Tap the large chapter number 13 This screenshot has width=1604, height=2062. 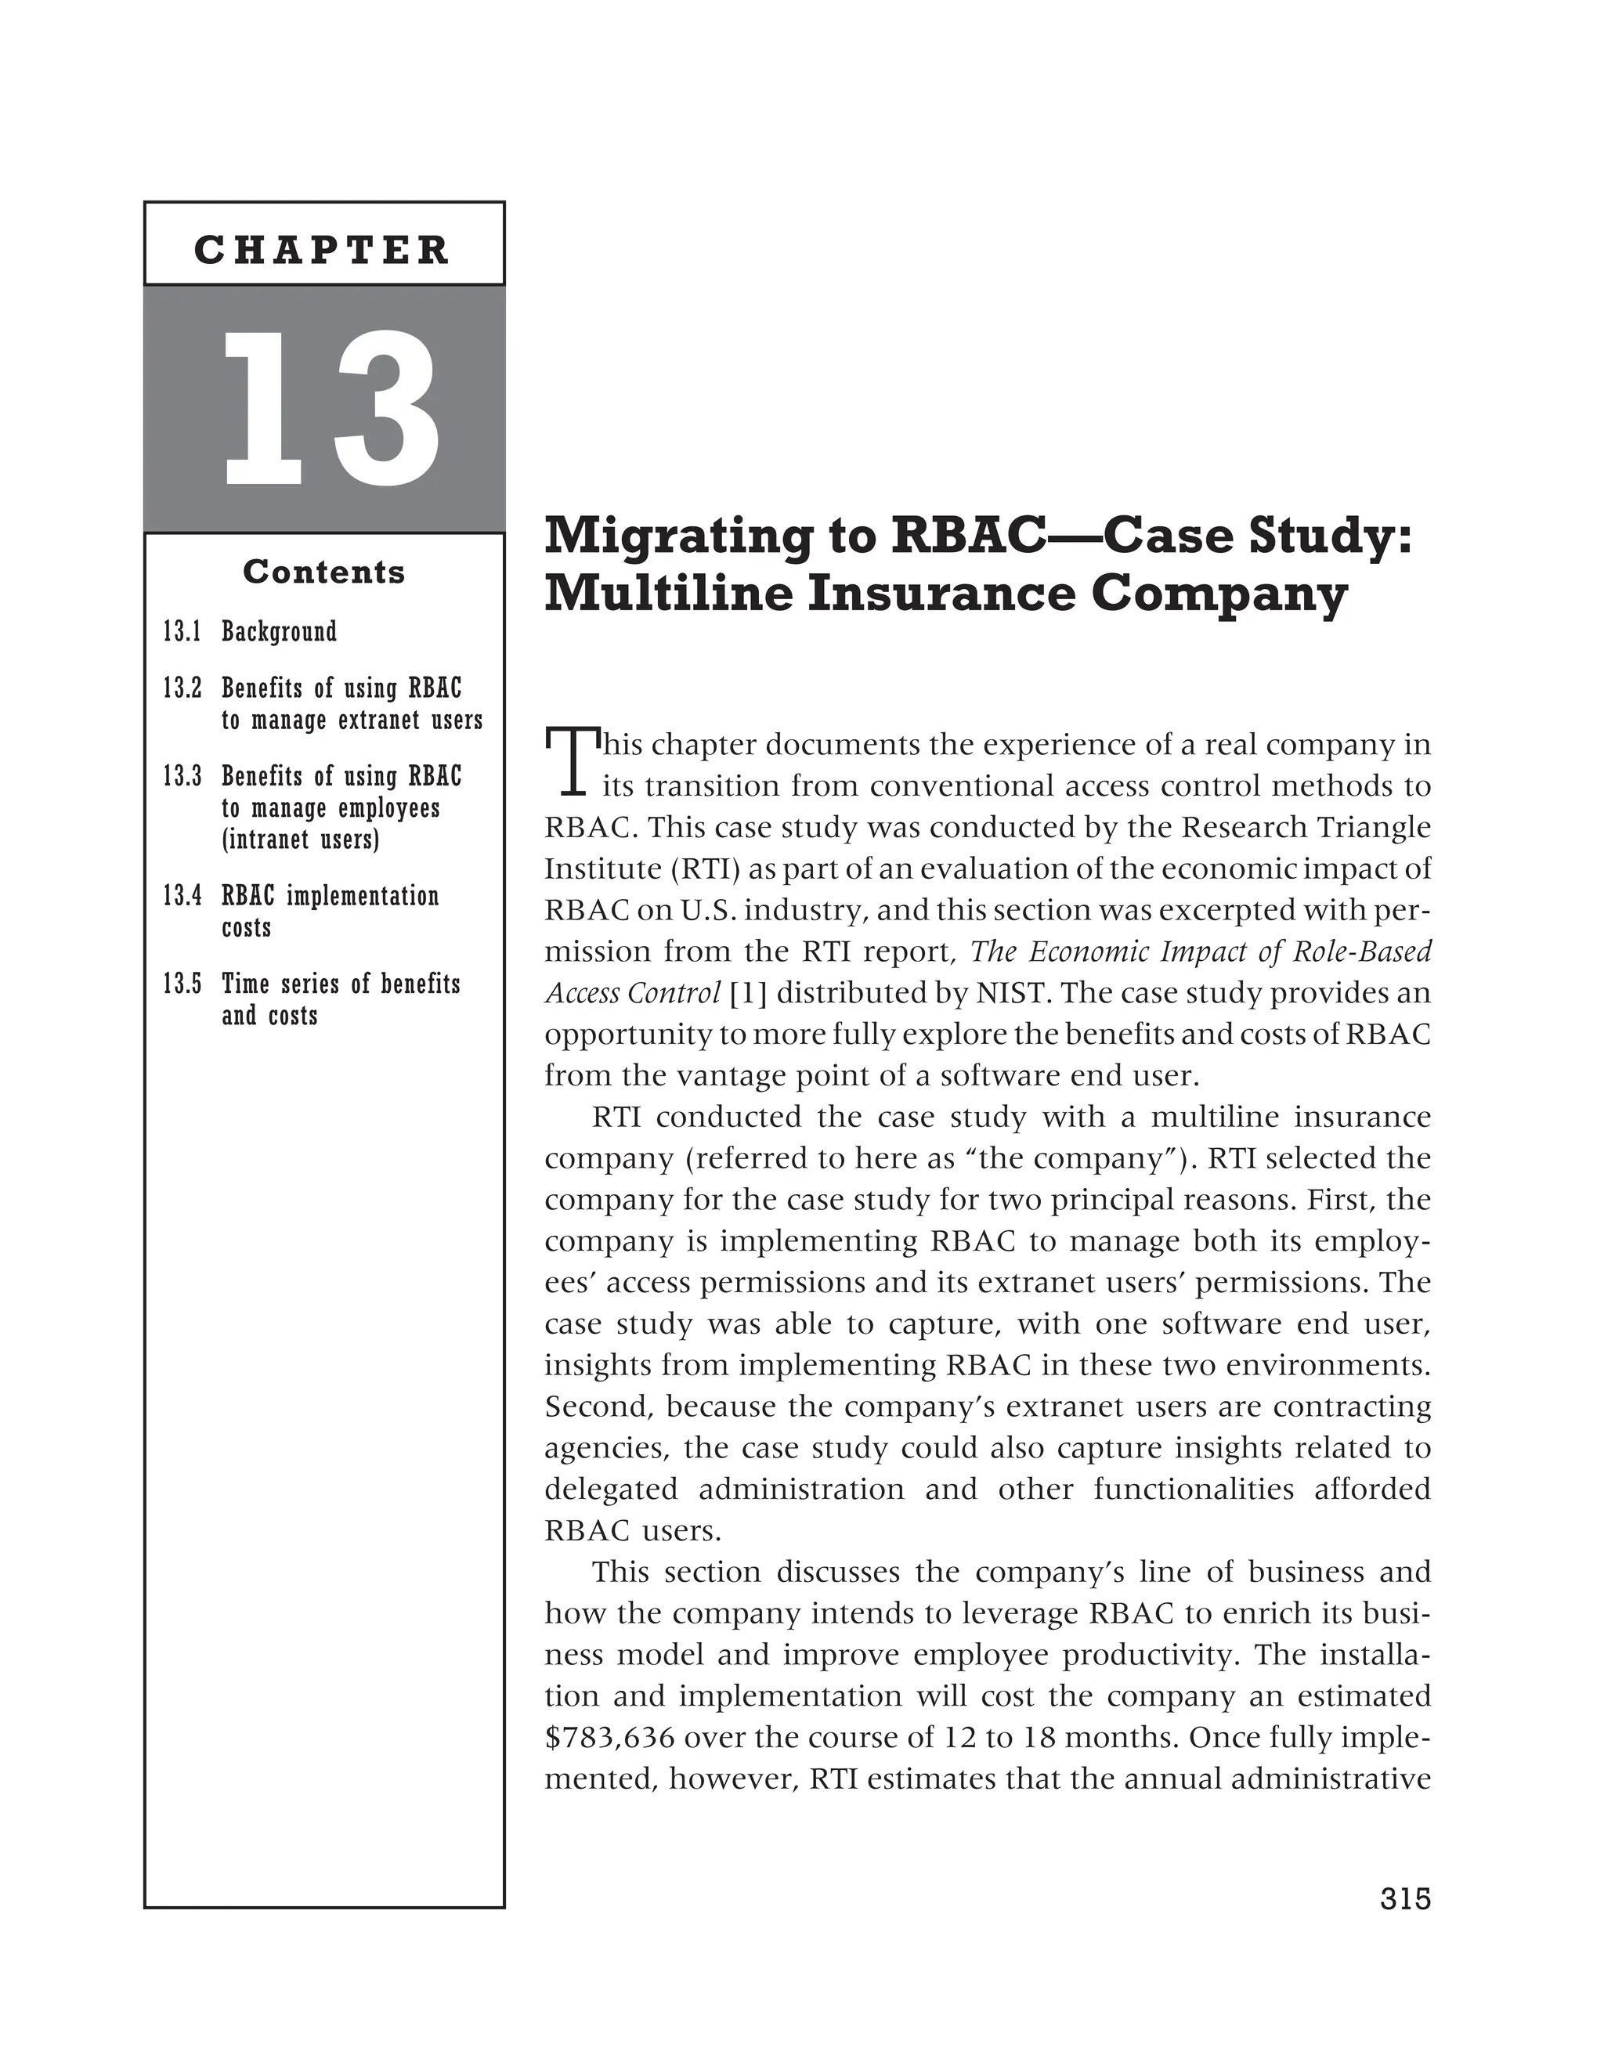pyautogui.click(x=330, y=409)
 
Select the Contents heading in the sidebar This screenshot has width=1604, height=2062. pyautogui.click(x=323, y=572)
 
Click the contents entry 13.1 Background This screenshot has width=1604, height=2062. pyautogui.click(x=249, y=632)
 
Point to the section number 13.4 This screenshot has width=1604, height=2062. pyautogui.click(x=182, y=896)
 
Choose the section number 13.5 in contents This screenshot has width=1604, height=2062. pyautogui.click(x=182, y=984)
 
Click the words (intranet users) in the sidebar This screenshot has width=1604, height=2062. pyautogui.click(x=300, y=840)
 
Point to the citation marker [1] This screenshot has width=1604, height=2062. pyautogui.click(x=749, y=993)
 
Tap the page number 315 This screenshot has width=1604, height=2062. pyautogui.click(x=1405, y=1898)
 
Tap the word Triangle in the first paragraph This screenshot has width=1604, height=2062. pyautogui.click(x=1375, y=827)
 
